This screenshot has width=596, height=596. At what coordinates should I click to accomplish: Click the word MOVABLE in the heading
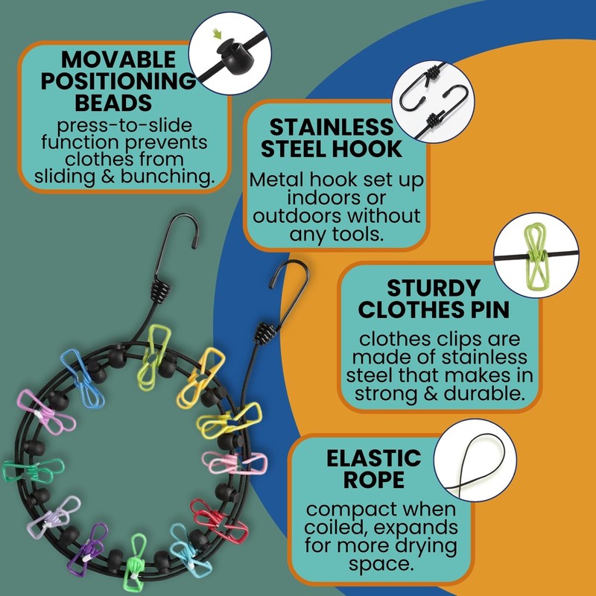click(x=118, y=60)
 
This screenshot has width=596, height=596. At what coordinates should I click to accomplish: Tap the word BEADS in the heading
click(x=113, y=103)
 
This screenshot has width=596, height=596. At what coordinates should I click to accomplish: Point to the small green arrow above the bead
click(x=217, y=34)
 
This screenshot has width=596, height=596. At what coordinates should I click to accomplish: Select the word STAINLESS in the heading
click(x=332, y=127)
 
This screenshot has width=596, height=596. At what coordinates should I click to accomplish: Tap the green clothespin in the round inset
click(x=535, y=256)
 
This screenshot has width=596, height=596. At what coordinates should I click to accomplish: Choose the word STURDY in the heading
click(x=434, y=288)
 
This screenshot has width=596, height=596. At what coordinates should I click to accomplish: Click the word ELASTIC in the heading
click(x=374, y=458)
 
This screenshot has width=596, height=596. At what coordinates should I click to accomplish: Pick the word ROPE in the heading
click(x=374, y=480)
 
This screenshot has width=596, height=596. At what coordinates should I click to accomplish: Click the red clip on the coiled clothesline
click(x=219, y=521)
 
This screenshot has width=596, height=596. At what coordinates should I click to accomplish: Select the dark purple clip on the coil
click(x=88, y=550)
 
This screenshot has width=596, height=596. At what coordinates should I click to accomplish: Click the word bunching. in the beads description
click(x=167, y=177)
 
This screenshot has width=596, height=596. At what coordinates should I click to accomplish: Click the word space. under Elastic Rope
click(x=381, y=564)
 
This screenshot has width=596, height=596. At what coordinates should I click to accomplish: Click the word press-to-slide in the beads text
click(x=124, y=125)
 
